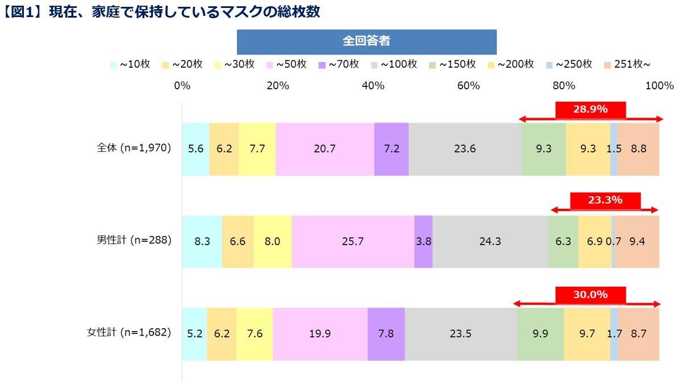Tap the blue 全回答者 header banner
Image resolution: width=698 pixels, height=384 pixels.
[367, 42]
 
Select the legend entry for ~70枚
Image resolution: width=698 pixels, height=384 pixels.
[339, 64]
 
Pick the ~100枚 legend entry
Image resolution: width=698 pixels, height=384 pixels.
[394, 64]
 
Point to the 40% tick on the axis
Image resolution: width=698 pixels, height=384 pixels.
[373, 86]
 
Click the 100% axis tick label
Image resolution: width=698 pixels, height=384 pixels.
[659, 86]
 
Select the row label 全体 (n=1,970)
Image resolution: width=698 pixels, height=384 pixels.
[134, 148]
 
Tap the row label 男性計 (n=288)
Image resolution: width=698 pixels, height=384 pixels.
[134, 241]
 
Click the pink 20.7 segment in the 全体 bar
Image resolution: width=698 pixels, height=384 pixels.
[325, 149]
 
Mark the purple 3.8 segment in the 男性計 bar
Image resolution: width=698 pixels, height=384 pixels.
[423, 241]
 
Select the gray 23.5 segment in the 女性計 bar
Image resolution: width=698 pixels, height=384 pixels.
[460, 334]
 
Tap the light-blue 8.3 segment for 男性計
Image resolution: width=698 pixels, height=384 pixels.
[202, 241]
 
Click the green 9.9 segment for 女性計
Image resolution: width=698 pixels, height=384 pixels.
[540, 334]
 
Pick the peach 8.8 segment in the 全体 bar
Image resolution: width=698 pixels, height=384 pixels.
[638, 149]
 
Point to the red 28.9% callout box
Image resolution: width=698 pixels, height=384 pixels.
[591, 109]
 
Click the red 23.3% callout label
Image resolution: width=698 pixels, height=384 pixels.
[605, 200]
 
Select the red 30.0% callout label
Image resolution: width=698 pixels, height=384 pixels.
[591, 295]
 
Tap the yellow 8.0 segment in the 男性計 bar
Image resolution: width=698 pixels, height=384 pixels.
[272, 241]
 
